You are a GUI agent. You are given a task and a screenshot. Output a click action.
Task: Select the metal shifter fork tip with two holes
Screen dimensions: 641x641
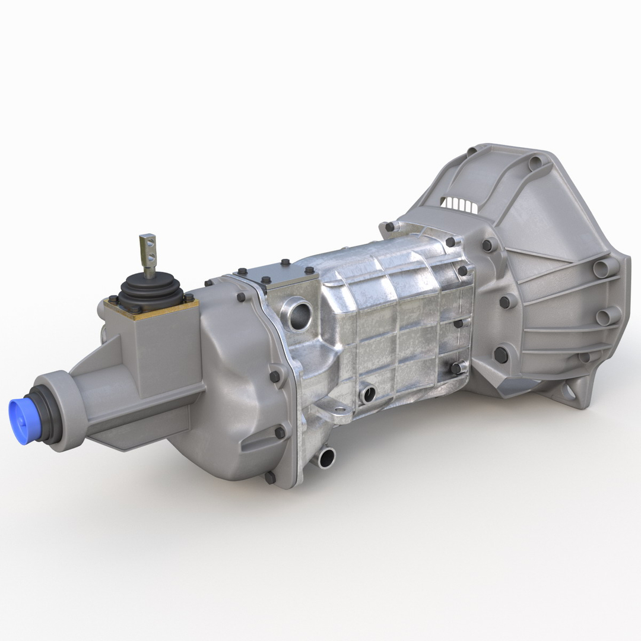pos(148,247)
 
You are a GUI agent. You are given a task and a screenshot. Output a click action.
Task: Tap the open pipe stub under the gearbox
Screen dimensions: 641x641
pos(326,456)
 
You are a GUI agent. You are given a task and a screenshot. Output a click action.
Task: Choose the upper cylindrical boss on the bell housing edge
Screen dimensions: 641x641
pos(604,268)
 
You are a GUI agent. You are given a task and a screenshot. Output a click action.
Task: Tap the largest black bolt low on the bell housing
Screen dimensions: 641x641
pos(501,354)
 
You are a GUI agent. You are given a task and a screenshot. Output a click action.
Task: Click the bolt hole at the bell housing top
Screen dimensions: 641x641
pos(535,161)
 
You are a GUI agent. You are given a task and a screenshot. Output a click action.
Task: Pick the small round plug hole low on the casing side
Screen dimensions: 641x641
pos(368,392)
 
